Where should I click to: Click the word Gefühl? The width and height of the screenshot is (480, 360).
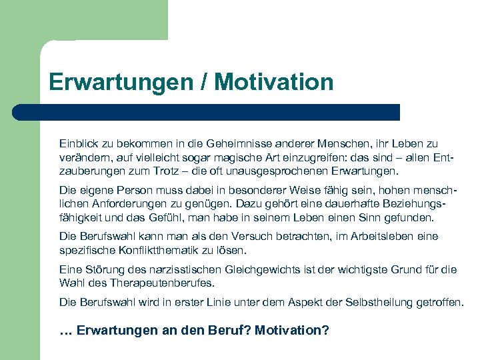pos(179,217)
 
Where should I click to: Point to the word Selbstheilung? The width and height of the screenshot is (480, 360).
pos(380,302)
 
